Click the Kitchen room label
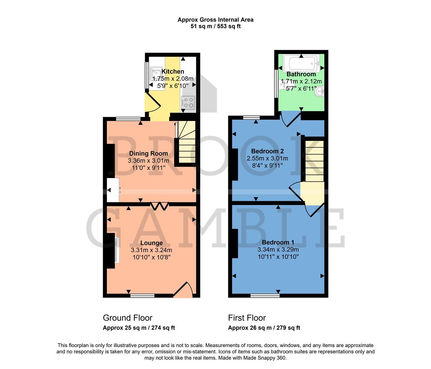[x=173, y=71]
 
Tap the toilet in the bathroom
[x=283, y=84]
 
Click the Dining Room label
[x=148, y=153]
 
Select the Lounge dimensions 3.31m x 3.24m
[x=152, y=250]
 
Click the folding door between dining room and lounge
[x=160, y=206]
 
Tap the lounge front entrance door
[x=184, y=290]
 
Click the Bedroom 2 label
[x=267, y=151]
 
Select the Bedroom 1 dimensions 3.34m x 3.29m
[x=278, y=249]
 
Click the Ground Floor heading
[x=128, y=318]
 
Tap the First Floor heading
[x=247, y=318]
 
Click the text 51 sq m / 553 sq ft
[x=215, y=26]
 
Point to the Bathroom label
[x=301, y=74]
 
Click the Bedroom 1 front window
[x=265, y=296]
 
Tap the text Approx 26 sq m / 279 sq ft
[x=264, y=328]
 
